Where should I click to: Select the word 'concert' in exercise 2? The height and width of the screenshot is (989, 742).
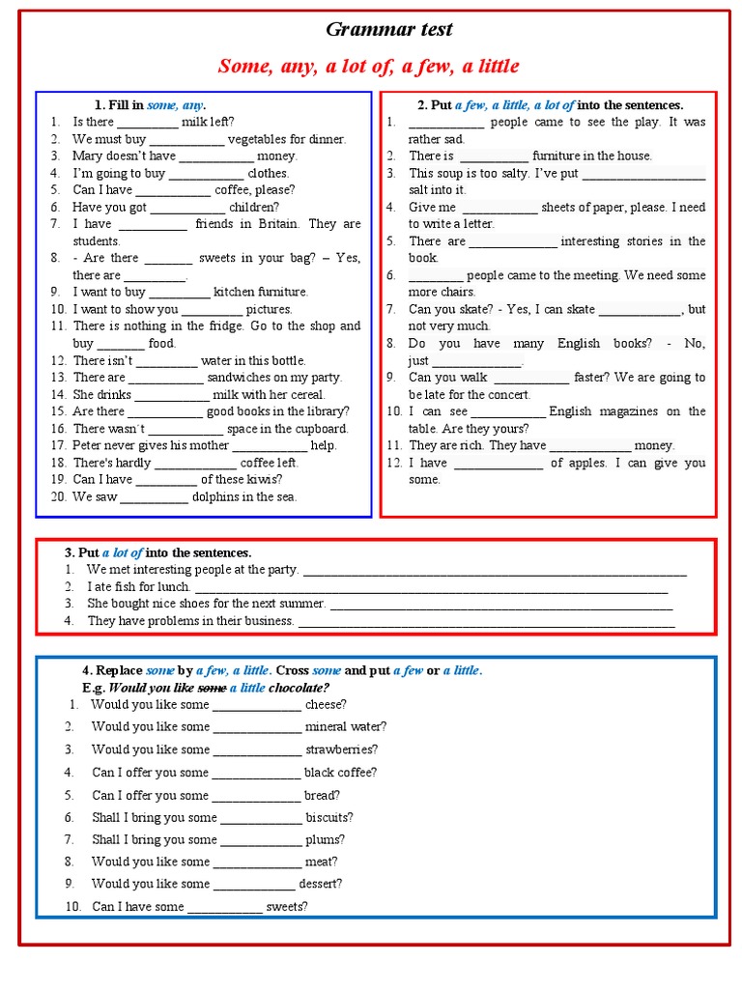508,395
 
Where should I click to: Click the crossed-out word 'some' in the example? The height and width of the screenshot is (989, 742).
211,688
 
